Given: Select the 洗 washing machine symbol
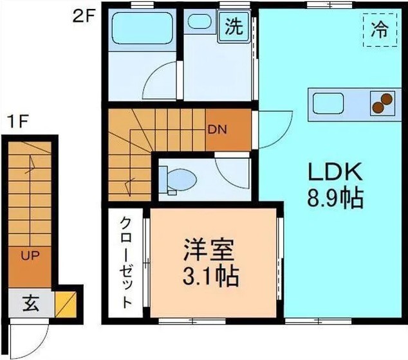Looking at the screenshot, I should pos(235,26).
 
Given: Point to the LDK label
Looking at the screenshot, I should pos(335,172).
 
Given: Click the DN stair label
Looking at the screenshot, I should pos(216,127).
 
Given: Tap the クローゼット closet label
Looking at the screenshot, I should pos(127,264).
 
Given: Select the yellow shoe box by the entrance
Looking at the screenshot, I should pos(65,302).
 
